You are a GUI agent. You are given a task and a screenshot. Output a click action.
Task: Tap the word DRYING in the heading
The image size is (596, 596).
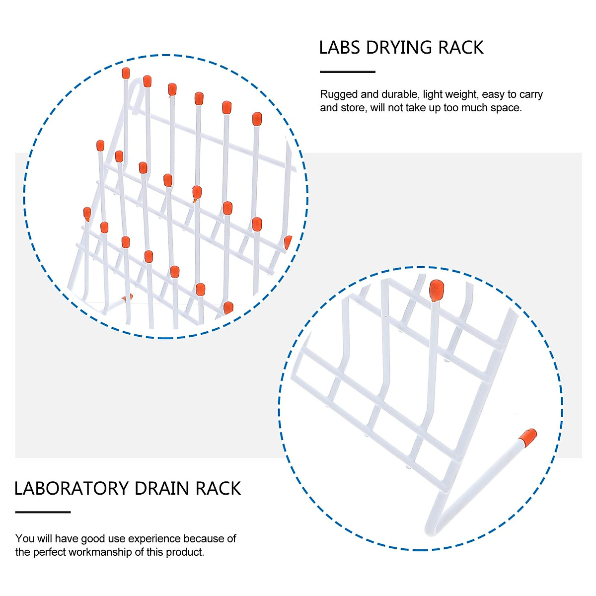(x=392, y=48)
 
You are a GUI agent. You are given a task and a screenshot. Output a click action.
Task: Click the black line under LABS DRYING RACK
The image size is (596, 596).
(x=347, y=72)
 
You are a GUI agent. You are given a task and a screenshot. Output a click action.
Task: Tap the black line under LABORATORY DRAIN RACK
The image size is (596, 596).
(x=43, y=512)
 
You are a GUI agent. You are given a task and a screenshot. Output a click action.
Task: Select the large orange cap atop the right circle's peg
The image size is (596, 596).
(x=436, y=290)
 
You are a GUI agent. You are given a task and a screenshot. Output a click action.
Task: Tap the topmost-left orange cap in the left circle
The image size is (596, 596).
(x=126, y=73)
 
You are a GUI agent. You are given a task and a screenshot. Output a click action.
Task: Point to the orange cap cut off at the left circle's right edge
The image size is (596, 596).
(x=288, y=242)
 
